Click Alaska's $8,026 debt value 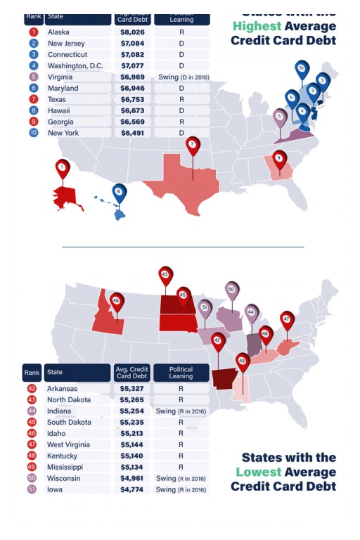(x=132, y=32)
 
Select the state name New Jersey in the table (x=66, y=44)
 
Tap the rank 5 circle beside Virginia (x=33, y=77)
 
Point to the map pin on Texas (x=193, y=146)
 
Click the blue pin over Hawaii (x=120, y=192)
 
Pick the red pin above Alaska (x=63, y=168)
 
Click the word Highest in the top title (x=257, y=26)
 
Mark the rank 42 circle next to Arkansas (x=32, y=389)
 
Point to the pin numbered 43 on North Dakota (x=165, y=275)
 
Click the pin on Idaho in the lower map (x=116, y=302)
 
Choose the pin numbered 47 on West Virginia (x=287, y=320)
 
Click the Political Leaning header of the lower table (x=181, y=373)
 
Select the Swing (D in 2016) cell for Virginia (x=181, y=77)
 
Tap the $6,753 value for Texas (x=132, y=100)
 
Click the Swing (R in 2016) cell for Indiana (x=181, y=411)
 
